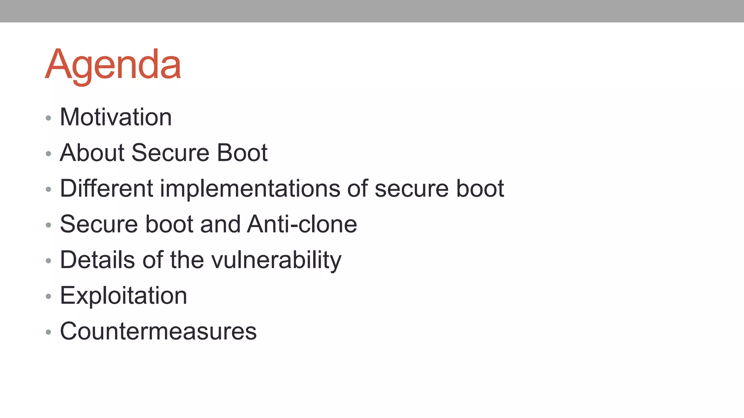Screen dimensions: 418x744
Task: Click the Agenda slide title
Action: (113, 65)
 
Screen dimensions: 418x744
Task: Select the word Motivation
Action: (116, 117)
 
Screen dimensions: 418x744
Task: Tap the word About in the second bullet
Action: (92, 153)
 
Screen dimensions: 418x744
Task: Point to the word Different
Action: (106, 188)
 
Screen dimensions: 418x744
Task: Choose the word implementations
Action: (250, 188)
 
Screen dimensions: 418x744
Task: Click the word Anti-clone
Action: (302, 224)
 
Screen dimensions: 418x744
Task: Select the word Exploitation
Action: (124, 295)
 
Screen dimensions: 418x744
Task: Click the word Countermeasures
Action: (158, 331)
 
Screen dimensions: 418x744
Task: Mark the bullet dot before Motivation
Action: (48, 118)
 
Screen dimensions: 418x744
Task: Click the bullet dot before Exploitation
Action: (48, 296)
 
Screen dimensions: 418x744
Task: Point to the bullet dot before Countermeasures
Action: (48, 332)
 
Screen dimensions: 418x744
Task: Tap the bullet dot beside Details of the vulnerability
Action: (48, 261)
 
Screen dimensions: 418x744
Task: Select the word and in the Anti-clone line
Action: (220, 224)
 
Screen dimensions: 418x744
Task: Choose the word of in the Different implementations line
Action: (357, 188)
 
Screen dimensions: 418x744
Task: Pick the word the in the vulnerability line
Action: (187, 260)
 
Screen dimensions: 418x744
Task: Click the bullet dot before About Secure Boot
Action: (48, 153)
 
